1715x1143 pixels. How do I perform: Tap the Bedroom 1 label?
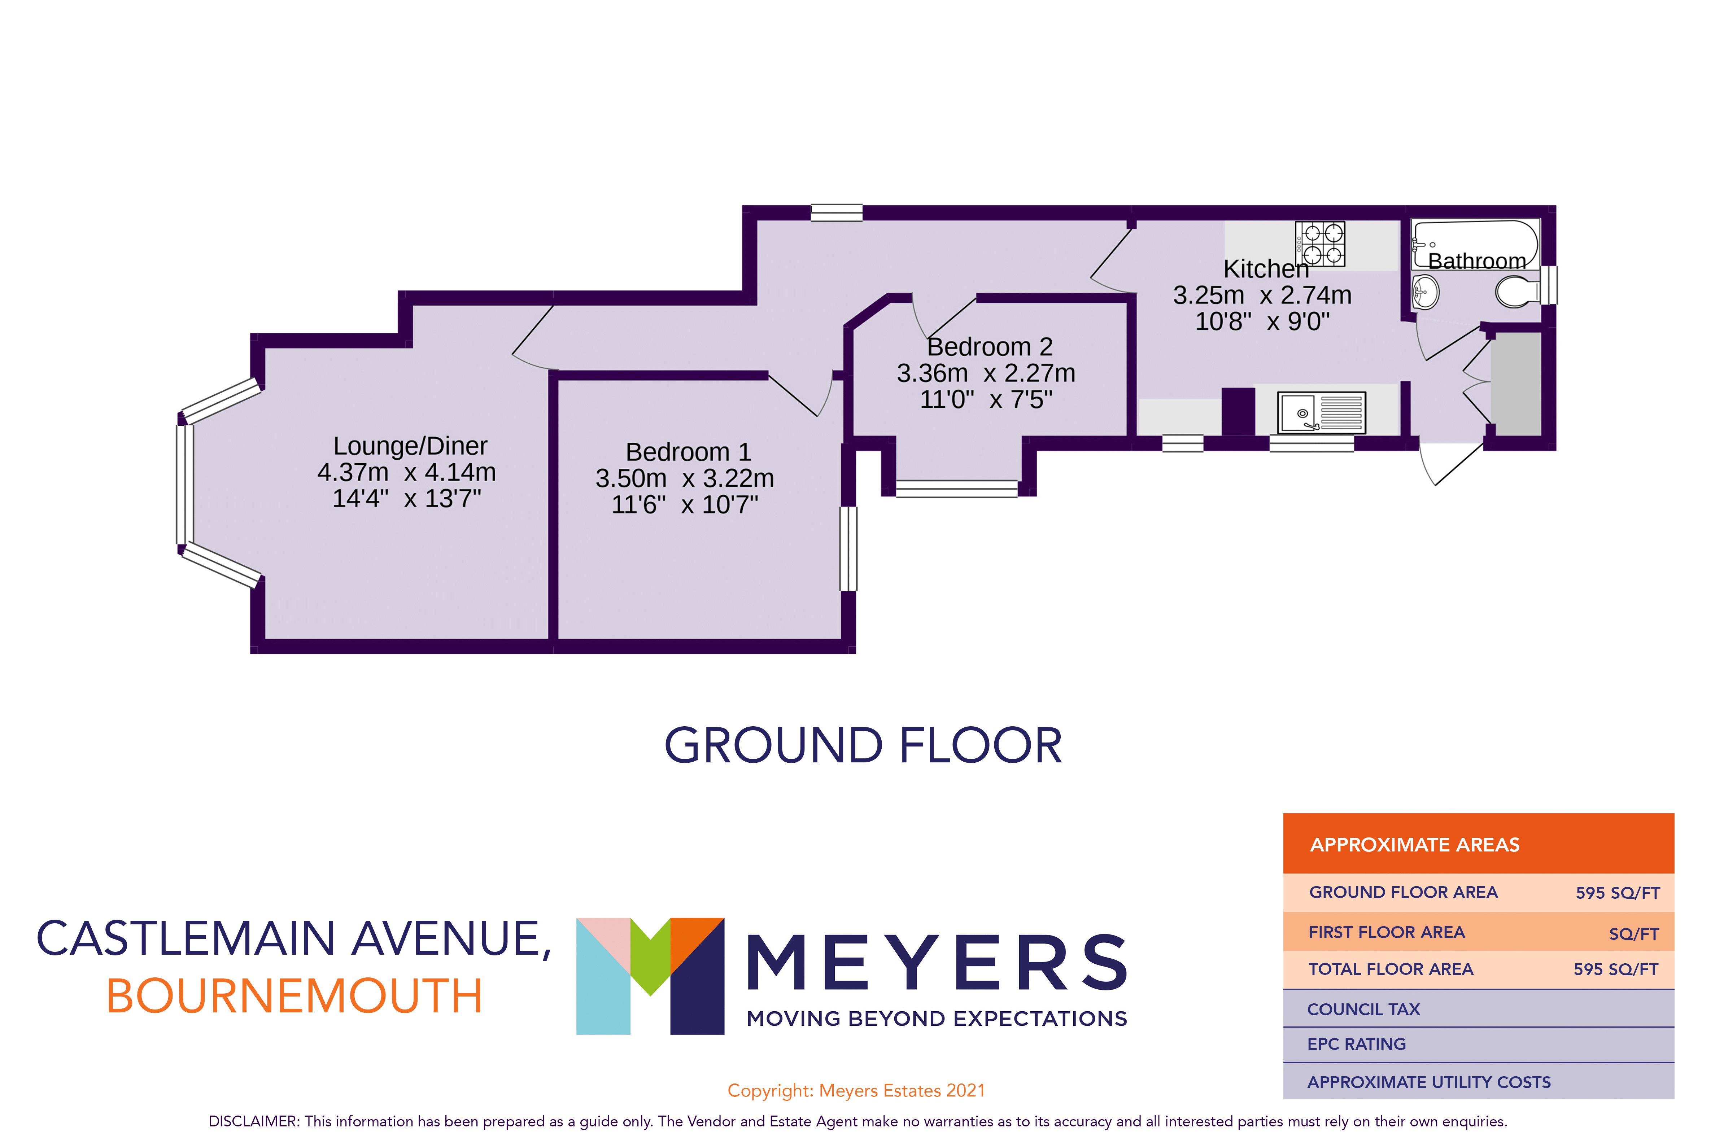point(688,452)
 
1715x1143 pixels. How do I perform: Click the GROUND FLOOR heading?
point(863,746)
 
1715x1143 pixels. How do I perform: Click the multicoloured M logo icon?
point(650,975)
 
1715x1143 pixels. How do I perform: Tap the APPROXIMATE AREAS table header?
point(1415,845)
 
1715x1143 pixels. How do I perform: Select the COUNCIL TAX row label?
point(1363,1010)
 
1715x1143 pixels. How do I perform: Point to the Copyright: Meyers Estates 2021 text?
point(856,1091)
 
